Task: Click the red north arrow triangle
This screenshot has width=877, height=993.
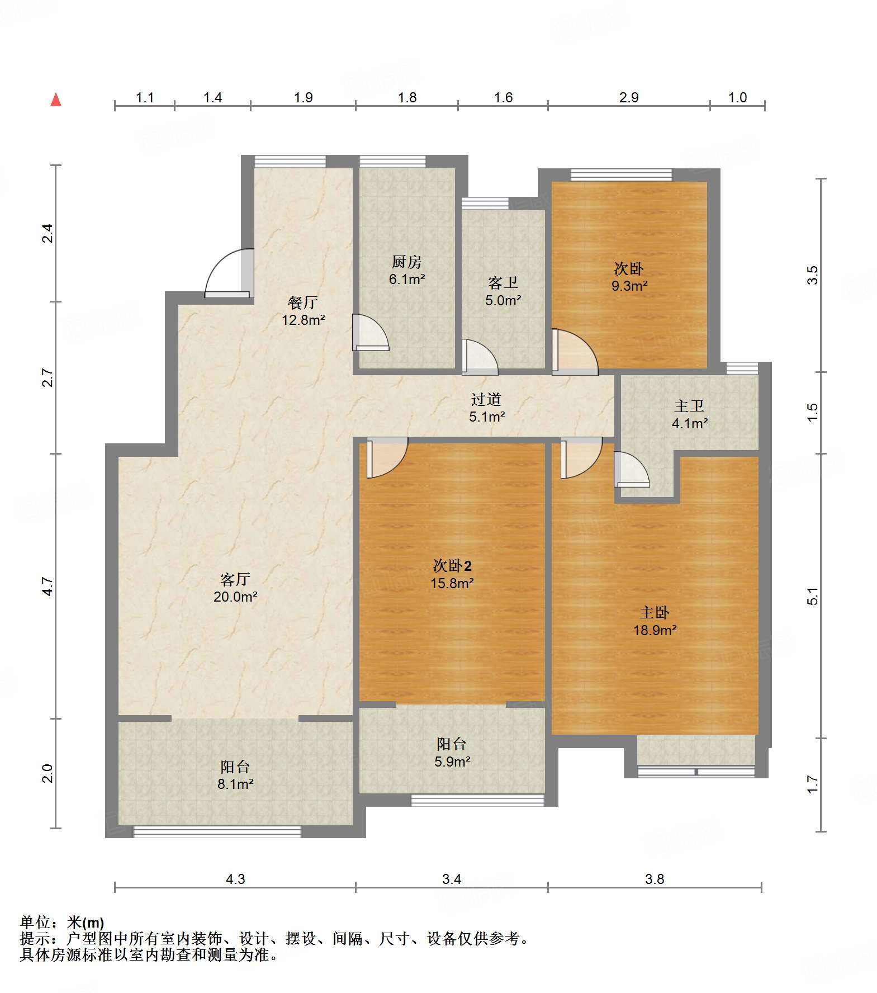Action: [x=56, y=101]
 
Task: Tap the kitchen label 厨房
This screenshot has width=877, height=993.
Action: [x=406, y=262]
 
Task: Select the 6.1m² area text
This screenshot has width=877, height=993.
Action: [x=407, y=279]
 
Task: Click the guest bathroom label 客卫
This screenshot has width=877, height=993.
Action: [x=503, y=282]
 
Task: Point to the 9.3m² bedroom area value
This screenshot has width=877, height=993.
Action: [x=629, y=286]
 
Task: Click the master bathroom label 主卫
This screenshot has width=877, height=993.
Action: [x=689, y=406]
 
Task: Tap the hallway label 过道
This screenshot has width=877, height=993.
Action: [x=486, y=399]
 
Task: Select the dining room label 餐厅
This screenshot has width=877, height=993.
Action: [x=302, y=302]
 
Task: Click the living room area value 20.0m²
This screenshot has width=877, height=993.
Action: [x=235, y=597]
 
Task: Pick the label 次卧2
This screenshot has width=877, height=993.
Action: [x=452, y=566]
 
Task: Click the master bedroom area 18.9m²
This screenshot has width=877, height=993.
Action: [x=655, y=630]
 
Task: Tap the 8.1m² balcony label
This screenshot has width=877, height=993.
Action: [x=235, y=784]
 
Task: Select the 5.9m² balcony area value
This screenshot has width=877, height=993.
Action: [x=452, y=762]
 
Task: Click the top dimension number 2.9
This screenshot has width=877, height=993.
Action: [x=628, y=98]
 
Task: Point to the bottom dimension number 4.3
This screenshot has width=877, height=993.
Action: [x=235, y=879]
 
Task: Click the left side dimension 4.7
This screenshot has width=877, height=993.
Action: [x=48, y=586]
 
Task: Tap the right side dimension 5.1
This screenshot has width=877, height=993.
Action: [x=812, y=596]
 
